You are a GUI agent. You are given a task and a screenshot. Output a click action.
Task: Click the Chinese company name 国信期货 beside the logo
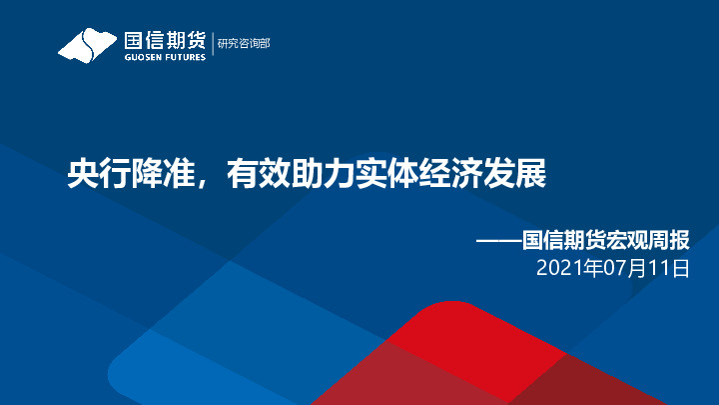coord(164,40)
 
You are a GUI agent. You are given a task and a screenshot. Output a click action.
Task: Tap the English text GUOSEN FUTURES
coord(164,57)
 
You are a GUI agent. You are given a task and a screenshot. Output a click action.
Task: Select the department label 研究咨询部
coord(244,43)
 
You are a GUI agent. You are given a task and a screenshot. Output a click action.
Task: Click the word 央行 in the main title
coord(88,176)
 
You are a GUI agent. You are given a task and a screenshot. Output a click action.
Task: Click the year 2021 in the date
coord(557,268)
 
